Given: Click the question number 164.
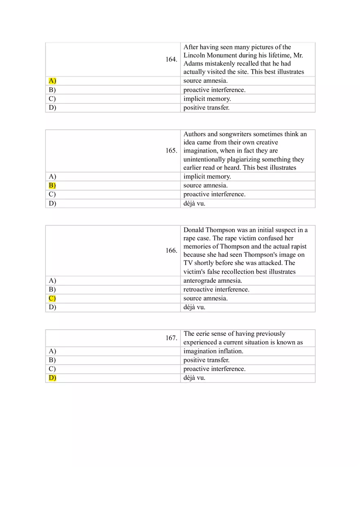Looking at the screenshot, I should (171, 59).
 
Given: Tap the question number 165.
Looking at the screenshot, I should (171, 151).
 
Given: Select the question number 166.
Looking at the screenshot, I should (171, 250).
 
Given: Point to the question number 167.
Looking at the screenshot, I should (171, 338).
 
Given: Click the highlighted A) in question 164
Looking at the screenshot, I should (52, 81).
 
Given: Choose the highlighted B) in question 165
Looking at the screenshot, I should (52, 185).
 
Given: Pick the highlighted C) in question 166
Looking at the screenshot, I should (52, 298).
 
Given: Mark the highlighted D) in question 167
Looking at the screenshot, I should (52, 377).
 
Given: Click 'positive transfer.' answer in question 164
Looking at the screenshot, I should (206, 108).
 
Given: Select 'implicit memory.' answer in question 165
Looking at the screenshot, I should (207, 176).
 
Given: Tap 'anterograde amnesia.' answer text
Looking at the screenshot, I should (213, 281).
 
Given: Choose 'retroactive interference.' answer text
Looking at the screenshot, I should (216, 289).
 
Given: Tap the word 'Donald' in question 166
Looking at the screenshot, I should (193, 230).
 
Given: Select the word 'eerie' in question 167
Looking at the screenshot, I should (202, 334).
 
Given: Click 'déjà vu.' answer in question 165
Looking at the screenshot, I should (194, 203).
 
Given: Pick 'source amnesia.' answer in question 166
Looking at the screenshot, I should (205, 298).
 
